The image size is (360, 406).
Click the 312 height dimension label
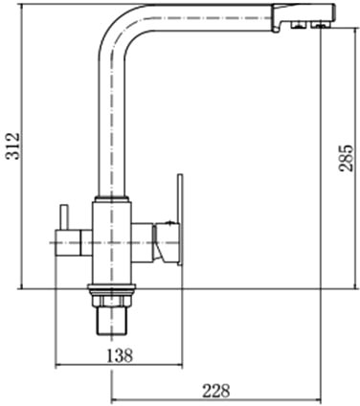[x=13, y=146]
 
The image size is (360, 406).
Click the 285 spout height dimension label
[x=346, y=158]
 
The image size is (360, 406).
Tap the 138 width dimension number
[x=119, y=355]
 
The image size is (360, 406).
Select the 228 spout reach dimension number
[x=216, y=391]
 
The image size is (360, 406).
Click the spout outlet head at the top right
[x=304, y=16]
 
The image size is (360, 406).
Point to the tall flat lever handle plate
[x=180, y=219]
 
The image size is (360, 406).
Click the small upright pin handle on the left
[x=64, y=217]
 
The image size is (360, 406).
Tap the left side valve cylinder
[x=74, y=243]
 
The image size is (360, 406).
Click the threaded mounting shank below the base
[x=112, y=321]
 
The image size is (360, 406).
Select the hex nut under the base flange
[x=112, y=302]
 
